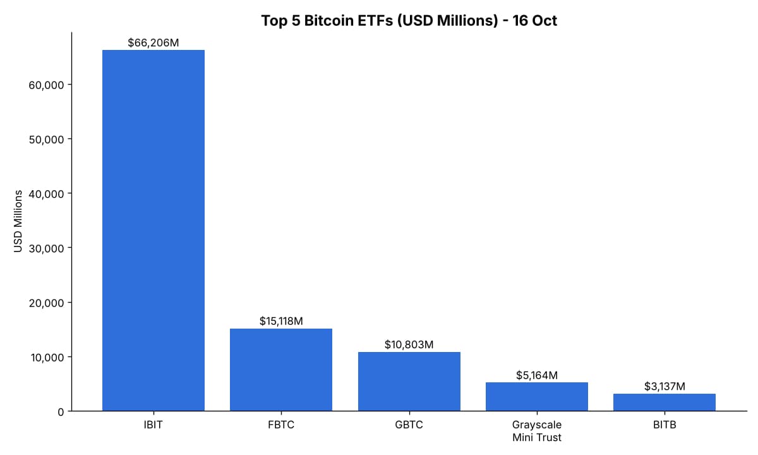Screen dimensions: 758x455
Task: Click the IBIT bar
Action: [153, 231]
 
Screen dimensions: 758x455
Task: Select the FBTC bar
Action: [281, 370]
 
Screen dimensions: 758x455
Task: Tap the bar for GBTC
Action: [409, 382]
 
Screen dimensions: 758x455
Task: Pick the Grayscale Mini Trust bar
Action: [537, 397]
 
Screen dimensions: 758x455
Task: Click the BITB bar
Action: [665, 403]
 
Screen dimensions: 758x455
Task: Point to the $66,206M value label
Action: [153, 43]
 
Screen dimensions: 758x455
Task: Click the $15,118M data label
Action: [281, 321]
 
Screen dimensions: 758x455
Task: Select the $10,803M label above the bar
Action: [409, 344]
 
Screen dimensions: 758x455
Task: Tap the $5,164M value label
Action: [537, 375]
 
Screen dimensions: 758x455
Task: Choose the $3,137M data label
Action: [665, 386]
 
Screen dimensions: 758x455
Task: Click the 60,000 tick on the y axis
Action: [46, 85]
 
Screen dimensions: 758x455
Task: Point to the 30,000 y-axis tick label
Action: [46, 248]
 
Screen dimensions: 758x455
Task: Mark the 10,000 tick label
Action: [47, 358]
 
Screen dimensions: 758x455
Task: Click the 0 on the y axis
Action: [61, 412]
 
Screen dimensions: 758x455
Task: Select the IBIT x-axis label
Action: [153, 425]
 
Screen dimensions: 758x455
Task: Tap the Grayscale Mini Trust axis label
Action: [537, 431]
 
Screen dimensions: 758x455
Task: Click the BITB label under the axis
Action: [665, 425]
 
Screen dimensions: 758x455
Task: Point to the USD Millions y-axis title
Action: [18, 221]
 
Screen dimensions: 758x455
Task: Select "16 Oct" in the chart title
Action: [534, 21]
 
